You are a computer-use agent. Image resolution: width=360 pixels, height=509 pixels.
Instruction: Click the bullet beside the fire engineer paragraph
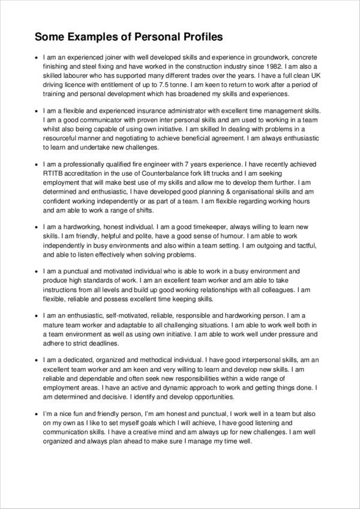37,162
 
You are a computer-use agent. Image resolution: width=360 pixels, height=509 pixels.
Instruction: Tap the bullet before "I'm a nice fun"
37,414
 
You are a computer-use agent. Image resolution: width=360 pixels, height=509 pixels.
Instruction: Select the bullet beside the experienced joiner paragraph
37,56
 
